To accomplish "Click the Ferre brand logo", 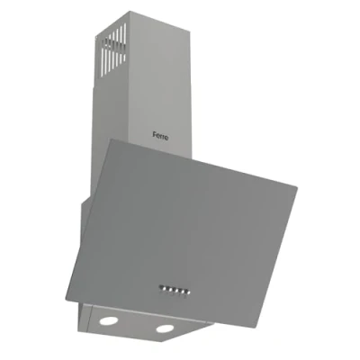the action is coord(160,137).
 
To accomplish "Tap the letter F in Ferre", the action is coord(155,136).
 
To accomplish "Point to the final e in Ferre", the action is coord(166,138).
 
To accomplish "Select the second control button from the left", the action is coord(168,289).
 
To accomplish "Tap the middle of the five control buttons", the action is coord(174,290).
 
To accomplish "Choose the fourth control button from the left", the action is coord(180,291).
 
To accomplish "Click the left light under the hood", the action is coord(109,320).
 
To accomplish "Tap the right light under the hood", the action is coord(165,328).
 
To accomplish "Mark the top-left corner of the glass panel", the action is coord(111,139).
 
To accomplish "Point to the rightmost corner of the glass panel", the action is coord(297,188).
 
